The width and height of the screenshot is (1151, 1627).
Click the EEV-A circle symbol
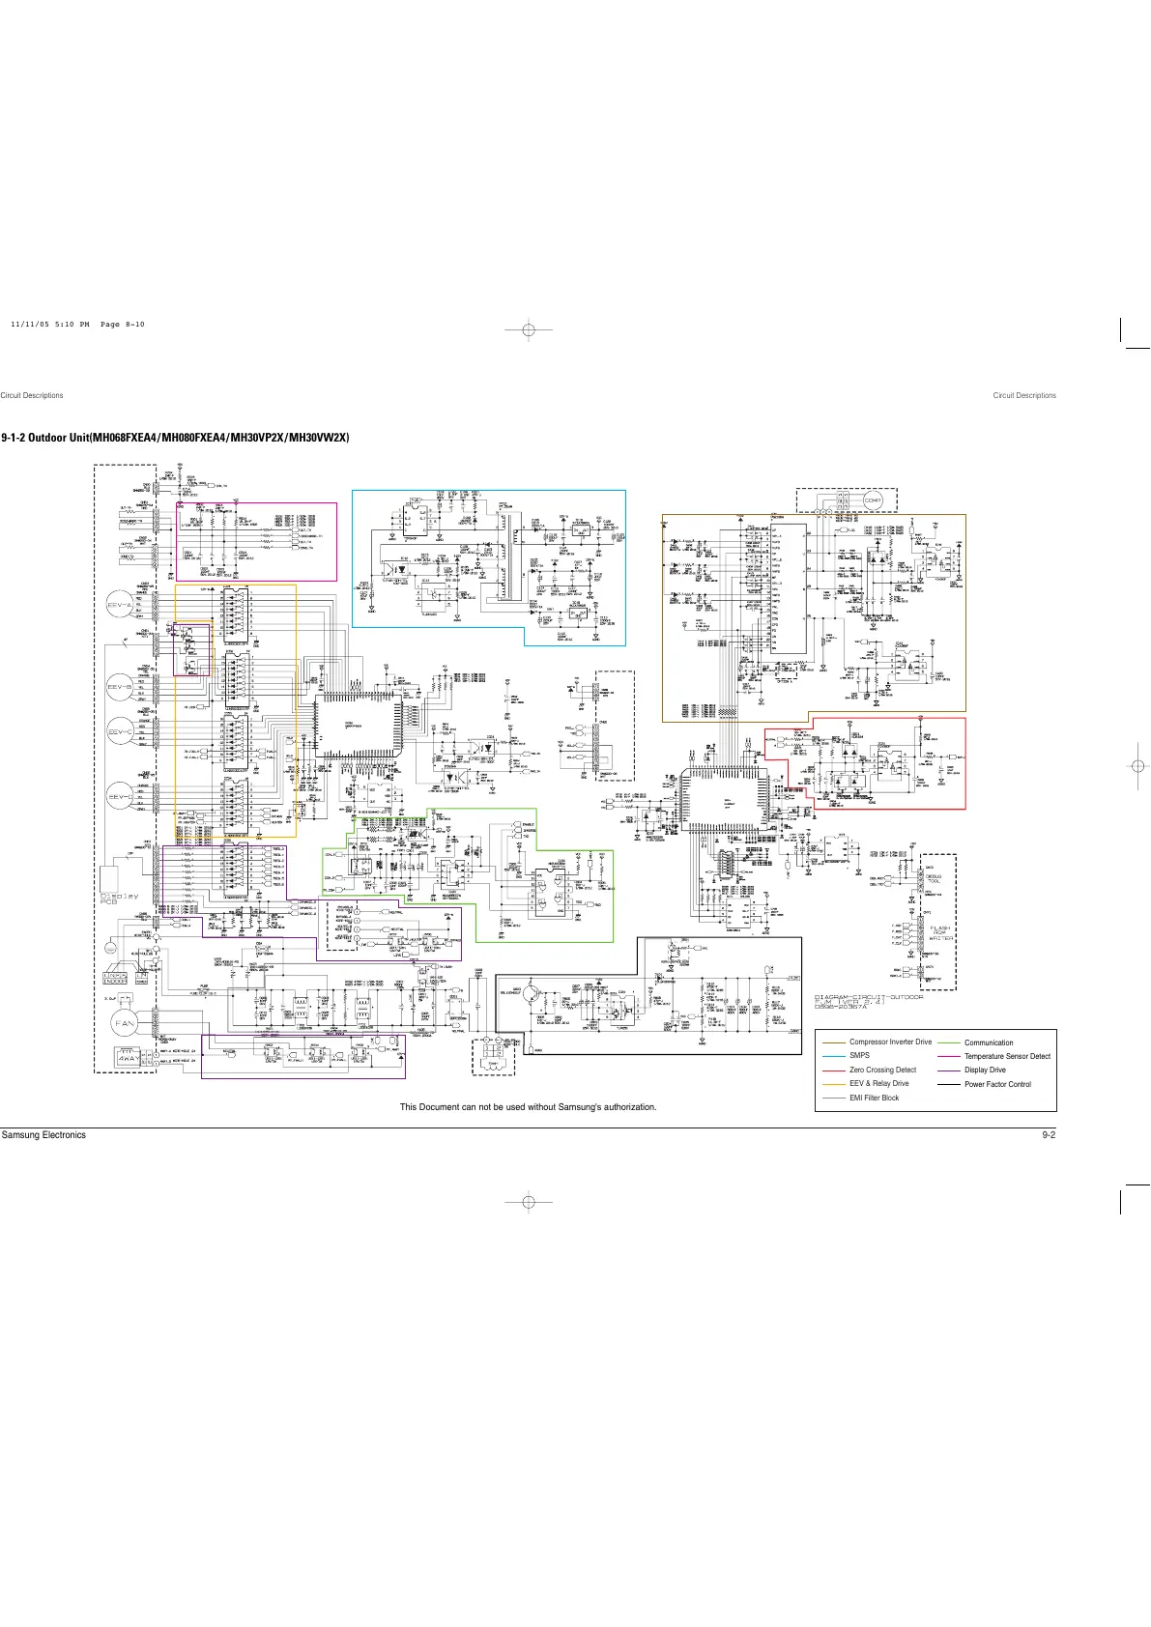(122, 604)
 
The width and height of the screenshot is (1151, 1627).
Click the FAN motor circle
(126, 1022)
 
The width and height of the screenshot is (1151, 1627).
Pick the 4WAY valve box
(128, 1056)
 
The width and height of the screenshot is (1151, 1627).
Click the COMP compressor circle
(873, 500)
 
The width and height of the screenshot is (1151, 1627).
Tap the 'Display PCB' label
(120, 899)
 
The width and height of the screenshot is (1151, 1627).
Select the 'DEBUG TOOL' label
(935, 878)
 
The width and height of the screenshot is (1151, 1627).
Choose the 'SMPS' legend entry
(859, 1055)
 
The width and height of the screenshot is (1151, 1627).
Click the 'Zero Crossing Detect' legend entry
(882, 1070)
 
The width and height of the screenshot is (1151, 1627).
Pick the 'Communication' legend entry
(989, 1042)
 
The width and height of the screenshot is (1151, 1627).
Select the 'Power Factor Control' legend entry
(997, 1084)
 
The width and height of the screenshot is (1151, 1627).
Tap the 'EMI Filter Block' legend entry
(874, 1098)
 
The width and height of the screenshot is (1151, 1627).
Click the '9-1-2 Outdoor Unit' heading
(175, 438)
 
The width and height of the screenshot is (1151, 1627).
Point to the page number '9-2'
(1048, 1135)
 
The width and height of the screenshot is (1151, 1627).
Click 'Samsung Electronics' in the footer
(43, 1135)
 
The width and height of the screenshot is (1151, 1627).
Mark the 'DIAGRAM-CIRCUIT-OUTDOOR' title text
(868, 997)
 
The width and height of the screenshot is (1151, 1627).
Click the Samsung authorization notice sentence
(528, 1107)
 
